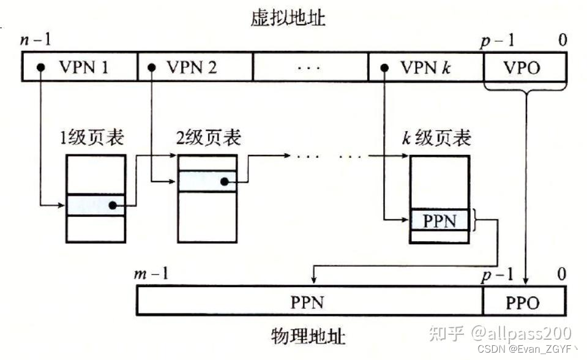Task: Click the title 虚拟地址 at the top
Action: (288, 18)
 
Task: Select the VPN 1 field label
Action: (84, 67)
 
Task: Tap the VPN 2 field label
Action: (192, 67)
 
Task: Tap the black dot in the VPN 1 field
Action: (40, 67)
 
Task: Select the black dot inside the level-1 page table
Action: (113, 206)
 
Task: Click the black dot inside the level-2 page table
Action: (225, 182)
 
